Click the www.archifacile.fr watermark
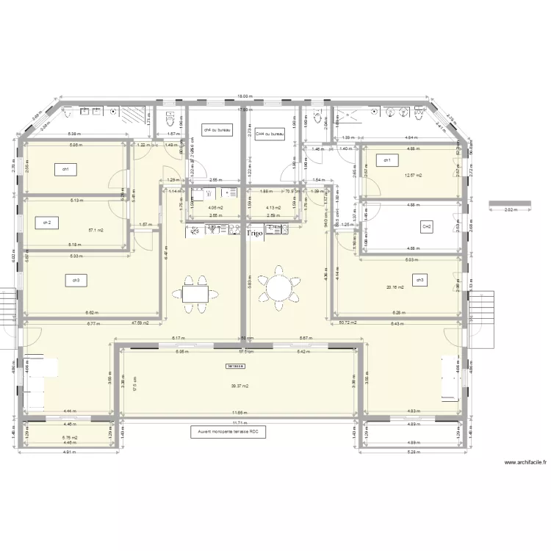pyautogui.click(x=525, y=464)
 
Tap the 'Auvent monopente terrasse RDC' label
pyautogui.click(x=227, y=433)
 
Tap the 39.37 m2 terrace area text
pyautogui.click(x=240, y=386)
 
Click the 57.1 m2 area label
pyautogui.click(x=96, y=230)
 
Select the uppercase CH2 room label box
pyautogui.click(x=426, y=226)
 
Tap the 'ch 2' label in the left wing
pyautogui.click(x=47, y=222)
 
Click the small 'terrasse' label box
pyautogui.click(x=235, y=365)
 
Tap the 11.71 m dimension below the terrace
pyautogui.click(x=237, y=423)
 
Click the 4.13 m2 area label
pyautogui.click(x=273, y=208)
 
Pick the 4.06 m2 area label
pyautogui.click(x=215, y=208)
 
